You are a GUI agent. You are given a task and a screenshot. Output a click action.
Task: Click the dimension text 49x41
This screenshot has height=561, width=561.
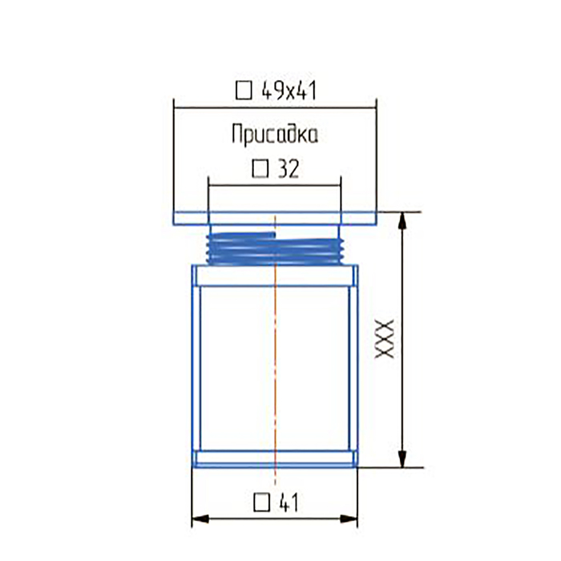[x=289, y=91]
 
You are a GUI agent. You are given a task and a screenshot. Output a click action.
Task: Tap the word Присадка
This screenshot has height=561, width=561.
[x=275, y=135]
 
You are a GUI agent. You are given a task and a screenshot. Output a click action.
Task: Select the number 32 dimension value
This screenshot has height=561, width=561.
[x=289, y=168]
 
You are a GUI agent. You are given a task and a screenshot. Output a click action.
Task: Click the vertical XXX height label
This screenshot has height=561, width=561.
[x=384, y=339]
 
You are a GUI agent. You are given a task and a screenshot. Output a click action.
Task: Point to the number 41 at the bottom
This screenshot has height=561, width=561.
[x=288, y=502]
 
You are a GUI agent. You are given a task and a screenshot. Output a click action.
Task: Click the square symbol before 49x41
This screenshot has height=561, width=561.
[x=244, y=91]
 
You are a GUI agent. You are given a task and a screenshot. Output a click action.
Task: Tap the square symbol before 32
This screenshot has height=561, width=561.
[x=260, y=168]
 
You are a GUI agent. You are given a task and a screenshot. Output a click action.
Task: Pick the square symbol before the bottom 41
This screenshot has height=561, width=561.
[x=262, y=502]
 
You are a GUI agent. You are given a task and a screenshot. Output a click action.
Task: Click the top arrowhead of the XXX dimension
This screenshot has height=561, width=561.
[x=402, y=220]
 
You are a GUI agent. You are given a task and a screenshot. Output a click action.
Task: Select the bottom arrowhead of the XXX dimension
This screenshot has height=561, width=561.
[x=402, y=459]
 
